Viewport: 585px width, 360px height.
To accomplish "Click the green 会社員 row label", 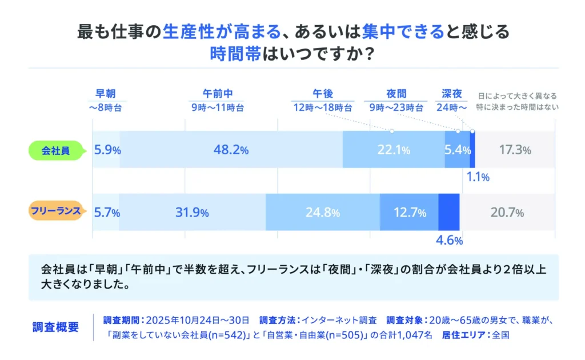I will [x=56, y=150].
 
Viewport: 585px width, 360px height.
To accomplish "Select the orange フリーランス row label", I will [x=56, y=212].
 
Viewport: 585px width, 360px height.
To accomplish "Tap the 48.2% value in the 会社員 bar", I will [x=231, y=150].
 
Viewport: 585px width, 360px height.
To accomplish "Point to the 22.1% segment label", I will [x=394, y=150].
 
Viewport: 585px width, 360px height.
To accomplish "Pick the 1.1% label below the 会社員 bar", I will [x=478, y=177].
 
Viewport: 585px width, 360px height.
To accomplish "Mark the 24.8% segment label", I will [x=323, y=213].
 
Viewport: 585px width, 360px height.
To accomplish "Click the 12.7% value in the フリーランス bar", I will [x=410, y=213].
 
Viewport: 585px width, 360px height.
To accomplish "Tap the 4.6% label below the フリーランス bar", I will [x=449, y=240].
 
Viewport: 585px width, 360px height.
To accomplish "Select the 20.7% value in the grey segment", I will [x=507, y=213].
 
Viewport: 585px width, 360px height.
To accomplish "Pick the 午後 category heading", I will [x=322, y=94].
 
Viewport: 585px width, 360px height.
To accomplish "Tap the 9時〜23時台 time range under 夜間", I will [x=396, y=107].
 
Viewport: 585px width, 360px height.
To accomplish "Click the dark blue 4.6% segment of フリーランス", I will [x=449, y=212].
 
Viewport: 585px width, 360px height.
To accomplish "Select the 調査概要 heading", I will [x=56, y=327].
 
